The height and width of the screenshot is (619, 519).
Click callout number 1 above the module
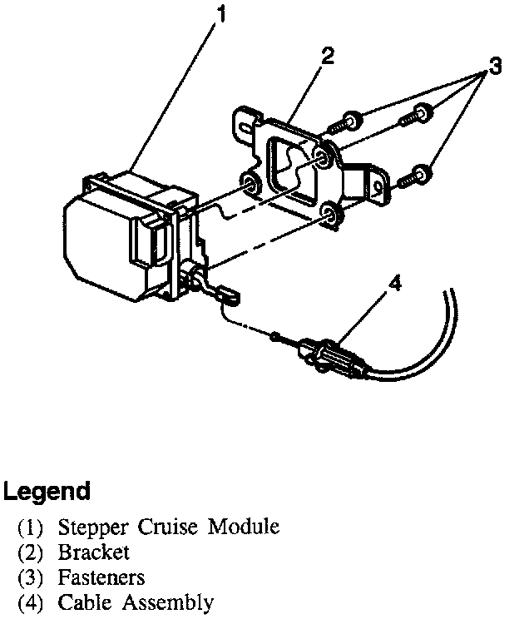click(220, 13)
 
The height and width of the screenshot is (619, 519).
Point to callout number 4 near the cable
click(395, 284)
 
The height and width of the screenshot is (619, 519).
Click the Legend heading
click(47, 491)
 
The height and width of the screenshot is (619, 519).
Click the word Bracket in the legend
click(94, 552)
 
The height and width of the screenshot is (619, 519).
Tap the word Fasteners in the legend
click(101, 577)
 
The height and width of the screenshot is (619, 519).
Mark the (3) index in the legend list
click(33, 577)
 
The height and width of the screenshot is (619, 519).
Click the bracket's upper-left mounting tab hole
click(244, 126)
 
